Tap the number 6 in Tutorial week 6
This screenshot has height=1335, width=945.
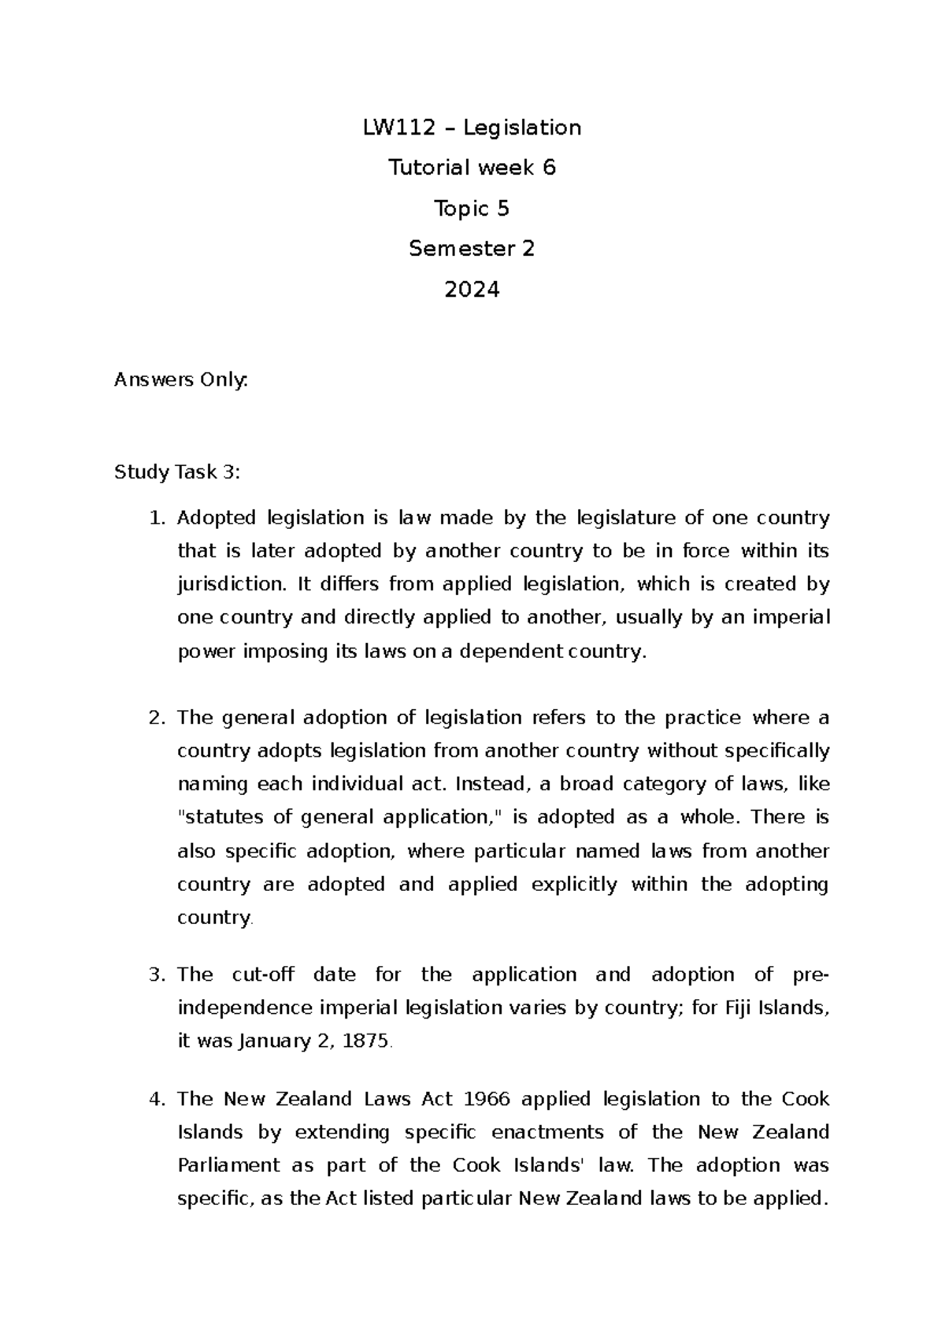click(x=548, y=168)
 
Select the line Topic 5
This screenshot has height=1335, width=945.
click(x=472, y=209)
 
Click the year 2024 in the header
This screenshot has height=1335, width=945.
click(x=472, y=290)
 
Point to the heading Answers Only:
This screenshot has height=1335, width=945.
click(x=181, y=380)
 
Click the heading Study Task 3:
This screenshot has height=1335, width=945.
click(x=177, y=472)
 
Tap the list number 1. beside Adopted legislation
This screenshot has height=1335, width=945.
click(x=157, y=518)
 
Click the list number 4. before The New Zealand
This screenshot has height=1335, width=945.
click(x=157, y=1099)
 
